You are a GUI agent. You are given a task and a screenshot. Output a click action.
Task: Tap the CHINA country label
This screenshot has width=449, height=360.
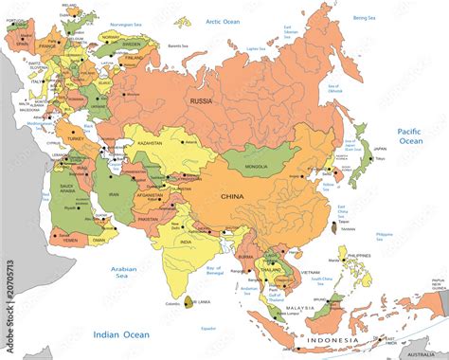pyautogui.click(x=232, y=196)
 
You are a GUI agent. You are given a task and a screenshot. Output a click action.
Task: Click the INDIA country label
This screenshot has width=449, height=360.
pyautogui.click(x=187, y=242)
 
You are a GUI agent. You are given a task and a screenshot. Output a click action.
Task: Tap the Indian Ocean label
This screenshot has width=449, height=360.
pyautogui.click(x=120, y=333)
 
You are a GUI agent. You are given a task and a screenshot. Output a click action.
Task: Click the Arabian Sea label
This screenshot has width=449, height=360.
pyautogui.click(x=125, y=272)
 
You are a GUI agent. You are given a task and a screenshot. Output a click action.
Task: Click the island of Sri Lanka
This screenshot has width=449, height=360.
pyautogui.click(x=190, y=302)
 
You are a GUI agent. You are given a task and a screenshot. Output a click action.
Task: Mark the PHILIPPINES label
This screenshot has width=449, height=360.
pyautogui.click(x=360, y=256)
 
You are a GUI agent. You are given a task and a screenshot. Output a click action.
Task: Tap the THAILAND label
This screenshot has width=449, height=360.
pyautogui.click(x=271, y=268)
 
